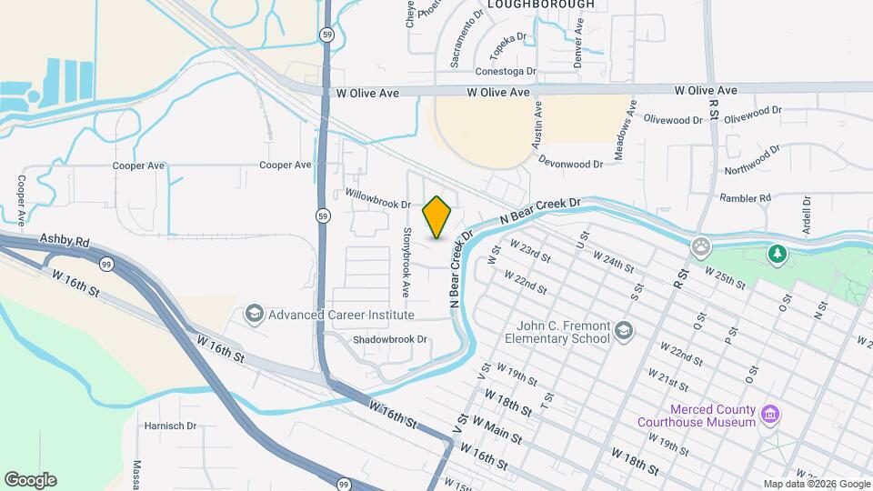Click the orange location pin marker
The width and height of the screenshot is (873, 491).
click(437, 217)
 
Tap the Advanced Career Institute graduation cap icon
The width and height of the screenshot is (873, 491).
click(255, 315)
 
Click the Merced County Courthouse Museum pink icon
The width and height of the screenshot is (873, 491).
click(770, 415)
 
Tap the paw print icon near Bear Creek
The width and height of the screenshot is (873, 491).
click(701, 245)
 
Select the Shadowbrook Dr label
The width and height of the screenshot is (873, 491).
click(390, 339)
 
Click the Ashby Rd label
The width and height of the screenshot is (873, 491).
click(65, 241)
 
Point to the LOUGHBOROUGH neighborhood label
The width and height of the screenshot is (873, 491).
click(540, 5)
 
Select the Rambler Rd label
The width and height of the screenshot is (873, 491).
click(745, 197)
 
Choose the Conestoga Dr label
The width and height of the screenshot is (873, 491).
click(506, 71)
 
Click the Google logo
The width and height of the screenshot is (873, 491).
click(30, 480)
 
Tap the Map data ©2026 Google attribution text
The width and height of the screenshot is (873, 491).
click(816, 484)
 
